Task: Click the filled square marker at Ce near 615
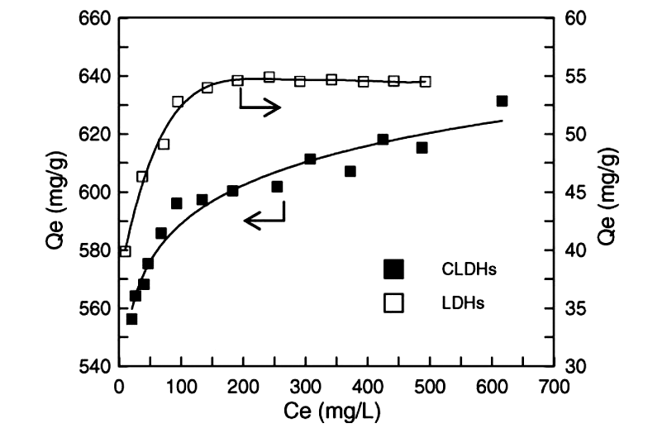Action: click(502, 101)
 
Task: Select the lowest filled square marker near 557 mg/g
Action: click(131, 319)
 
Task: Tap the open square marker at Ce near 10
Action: click(126, 251)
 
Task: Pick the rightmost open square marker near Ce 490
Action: click(425, 81)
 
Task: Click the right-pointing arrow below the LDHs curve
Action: click(260, 107)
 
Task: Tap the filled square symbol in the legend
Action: click(393, 268)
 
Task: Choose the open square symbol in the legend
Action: click(393, 303)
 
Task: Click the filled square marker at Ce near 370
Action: click(350, 171)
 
